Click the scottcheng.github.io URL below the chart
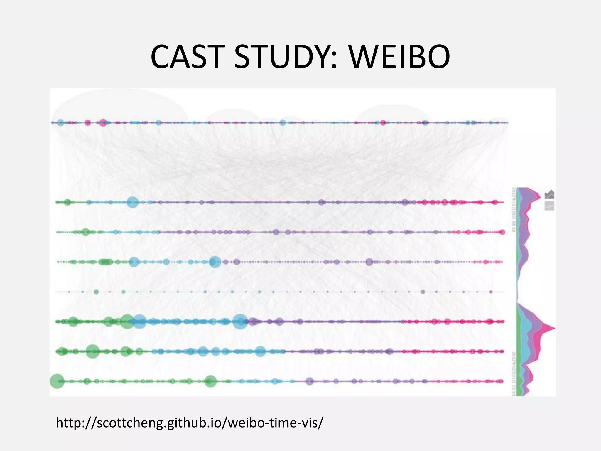pos(189,423)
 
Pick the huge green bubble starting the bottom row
pos(57,381)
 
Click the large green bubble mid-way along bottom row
pos(210,381)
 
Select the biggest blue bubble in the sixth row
pos(240,322)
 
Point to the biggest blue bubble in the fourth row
pos(215,262)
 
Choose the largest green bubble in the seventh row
pos(92,351)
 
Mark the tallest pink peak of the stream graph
pos(553,328)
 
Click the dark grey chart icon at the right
pos(549,194)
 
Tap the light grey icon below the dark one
pos(549,206)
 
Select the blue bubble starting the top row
pos(60,123)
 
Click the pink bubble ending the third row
pos(502,232)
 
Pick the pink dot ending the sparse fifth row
pos(491,292)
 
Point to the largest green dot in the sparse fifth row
pos(96,292)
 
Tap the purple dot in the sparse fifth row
pos(423,292)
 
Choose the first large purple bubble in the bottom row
pos(310,381)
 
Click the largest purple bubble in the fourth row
pos(369,262)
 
